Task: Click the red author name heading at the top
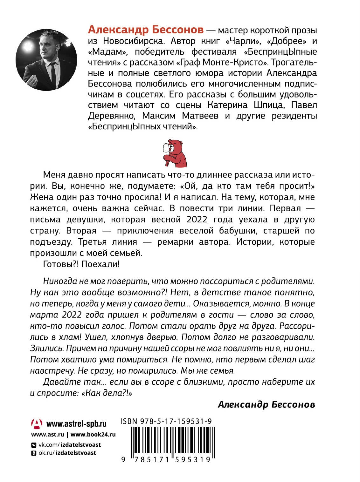coord(146,30)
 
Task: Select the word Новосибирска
coord(132,41)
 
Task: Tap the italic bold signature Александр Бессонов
coord(267,404)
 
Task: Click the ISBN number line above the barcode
coord(166,422)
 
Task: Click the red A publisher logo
coord(37,424)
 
